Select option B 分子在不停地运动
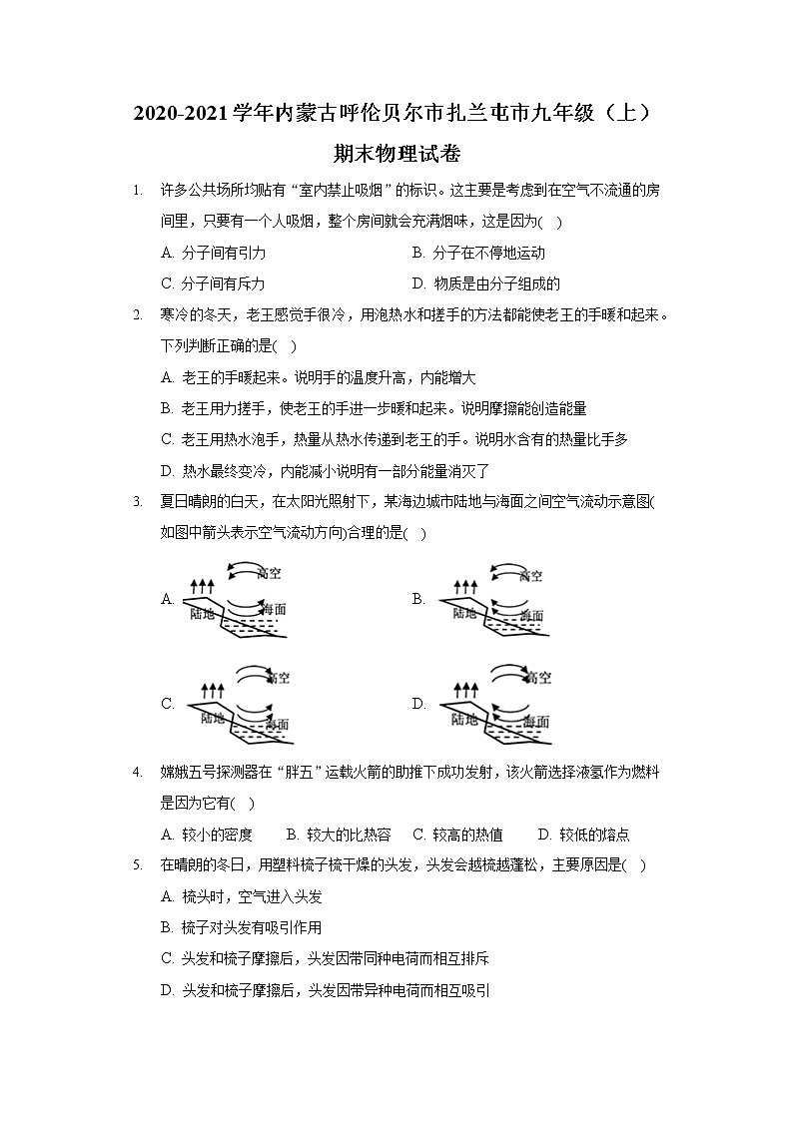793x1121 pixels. click(x=478, y=253)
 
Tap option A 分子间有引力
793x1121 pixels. click(x=212, y=253)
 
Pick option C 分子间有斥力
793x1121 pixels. click(x=212, y=283)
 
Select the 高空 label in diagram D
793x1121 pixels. click(x=537, y=679)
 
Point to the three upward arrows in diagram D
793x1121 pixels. click(x=465, y=690)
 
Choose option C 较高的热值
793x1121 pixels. click(x=457, y=835)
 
